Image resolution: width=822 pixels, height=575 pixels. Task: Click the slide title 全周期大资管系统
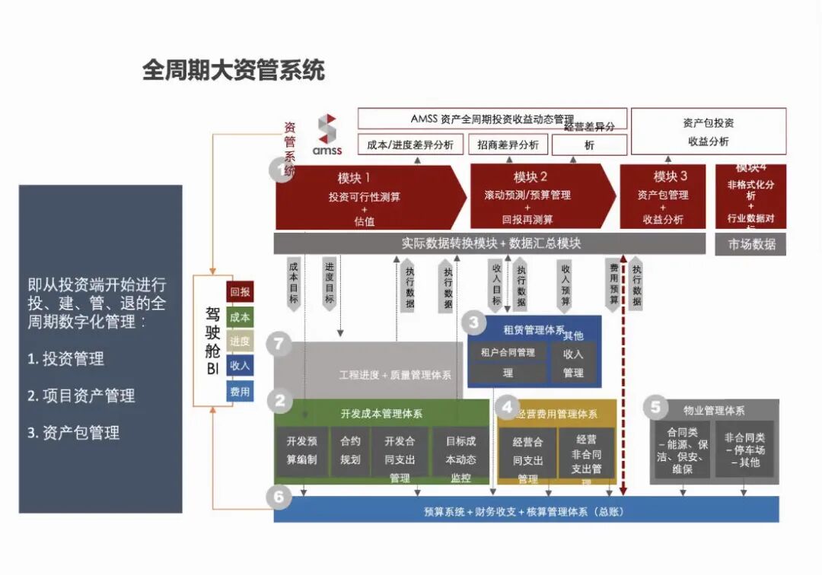(233, 71)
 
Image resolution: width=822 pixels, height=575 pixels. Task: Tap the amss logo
(327, 135)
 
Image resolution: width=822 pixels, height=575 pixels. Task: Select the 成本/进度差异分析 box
(410, 145)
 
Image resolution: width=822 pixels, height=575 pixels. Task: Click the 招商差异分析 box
(508, 145)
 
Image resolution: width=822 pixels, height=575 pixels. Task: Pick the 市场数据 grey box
(751, 244)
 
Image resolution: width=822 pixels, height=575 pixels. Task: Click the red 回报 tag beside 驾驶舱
(240, 292)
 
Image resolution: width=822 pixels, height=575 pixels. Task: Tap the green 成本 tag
(240, 317)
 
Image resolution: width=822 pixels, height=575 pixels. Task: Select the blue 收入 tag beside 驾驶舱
(240, 366)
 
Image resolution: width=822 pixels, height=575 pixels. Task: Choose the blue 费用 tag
(240, 392)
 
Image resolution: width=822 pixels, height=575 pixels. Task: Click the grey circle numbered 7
(279, 344)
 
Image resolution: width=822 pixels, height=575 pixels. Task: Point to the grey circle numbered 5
(655, 408)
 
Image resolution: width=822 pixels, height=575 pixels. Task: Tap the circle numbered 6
(279, 497)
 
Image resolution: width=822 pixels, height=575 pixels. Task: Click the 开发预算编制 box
(301, 450)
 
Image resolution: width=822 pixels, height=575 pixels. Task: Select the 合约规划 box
(350, 450)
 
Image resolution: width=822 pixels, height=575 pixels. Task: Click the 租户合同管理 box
(508, 362)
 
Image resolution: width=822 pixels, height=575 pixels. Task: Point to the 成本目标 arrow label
(294, 283)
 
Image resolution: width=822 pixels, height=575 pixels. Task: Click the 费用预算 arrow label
(613, 284)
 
